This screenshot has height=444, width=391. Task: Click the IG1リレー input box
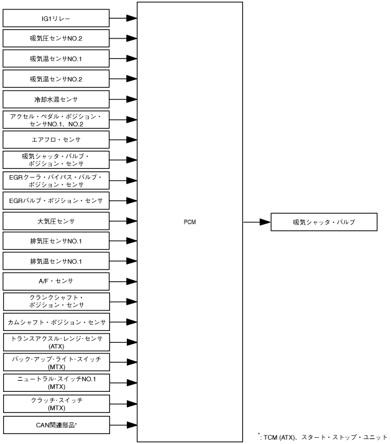(x=57, y=19)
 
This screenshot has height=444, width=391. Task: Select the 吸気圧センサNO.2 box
(x=57, y=39)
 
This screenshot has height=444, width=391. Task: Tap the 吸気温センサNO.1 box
(x=57, y=59)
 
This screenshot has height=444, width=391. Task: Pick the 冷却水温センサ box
(x=57, y=99)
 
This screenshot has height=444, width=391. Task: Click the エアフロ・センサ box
(x=57, y=140)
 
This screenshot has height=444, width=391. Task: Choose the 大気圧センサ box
(x=57, y=221)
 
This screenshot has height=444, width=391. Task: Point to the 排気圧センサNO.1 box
(x=57, y=241)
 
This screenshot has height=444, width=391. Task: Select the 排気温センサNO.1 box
(x=57, y=261)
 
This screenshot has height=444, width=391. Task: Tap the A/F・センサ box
(x=57, y=281)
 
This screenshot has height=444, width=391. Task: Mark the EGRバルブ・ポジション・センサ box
(x=57, y=201)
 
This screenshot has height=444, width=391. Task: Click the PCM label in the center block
(x=190, y=222)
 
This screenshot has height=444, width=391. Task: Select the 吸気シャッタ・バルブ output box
(x=324, y=222)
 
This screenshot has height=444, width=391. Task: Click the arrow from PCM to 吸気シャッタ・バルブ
(x=256, y=222)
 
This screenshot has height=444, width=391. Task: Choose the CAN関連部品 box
(x=57, y=425)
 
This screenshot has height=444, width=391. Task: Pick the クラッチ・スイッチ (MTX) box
(x=57, y=404)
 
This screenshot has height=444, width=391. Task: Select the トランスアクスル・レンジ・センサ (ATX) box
(x=57, y=342)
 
